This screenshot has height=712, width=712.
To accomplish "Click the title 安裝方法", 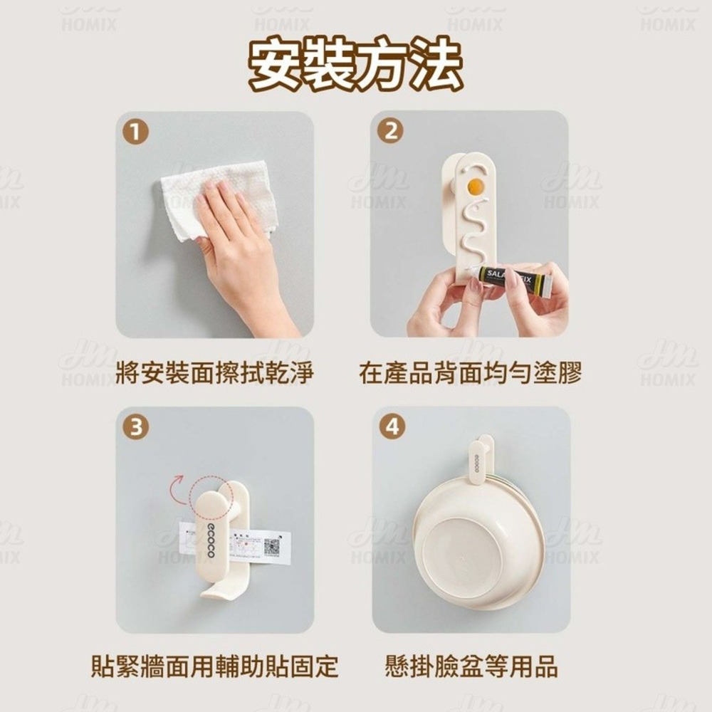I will [x=355, y=66].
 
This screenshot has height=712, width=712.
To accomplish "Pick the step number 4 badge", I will [x=390, y=427].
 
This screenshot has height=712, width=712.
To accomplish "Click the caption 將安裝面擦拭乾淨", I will [x=214, y=372].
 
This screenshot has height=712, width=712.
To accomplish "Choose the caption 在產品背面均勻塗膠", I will [x=470, y=372].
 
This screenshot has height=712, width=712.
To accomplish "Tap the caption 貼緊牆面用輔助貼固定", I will [x=214, y=667].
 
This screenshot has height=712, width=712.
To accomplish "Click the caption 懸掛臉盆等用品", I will [x=470, y=667].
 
